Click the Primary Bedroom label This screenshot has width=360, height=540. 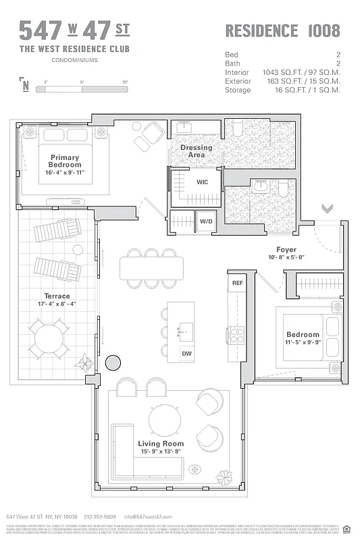tap(65, 161)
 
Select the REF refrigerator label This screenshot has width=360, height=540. tap(237, 283)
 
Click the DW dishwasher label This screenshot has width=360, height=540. tap(186, 353)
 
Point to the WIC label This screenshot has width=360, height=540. tap(202, 182)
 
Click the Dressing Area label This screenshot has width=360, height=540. tap(196, 151)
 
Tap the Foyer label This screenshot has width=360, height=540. tap(286, 250)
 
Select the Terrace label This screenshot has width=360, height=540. tap(57, 296)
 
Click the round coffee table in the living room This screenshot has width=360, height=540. tap(165, 419)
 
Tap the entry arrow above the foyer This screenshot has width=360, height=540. tap(328, 209)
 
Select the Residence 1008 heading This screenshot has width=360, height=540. tap(282, 30)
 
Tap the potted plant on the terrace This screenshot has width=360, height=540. tap(85, 363)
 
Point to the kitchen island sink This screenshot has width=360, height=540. tap(186, 331)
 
